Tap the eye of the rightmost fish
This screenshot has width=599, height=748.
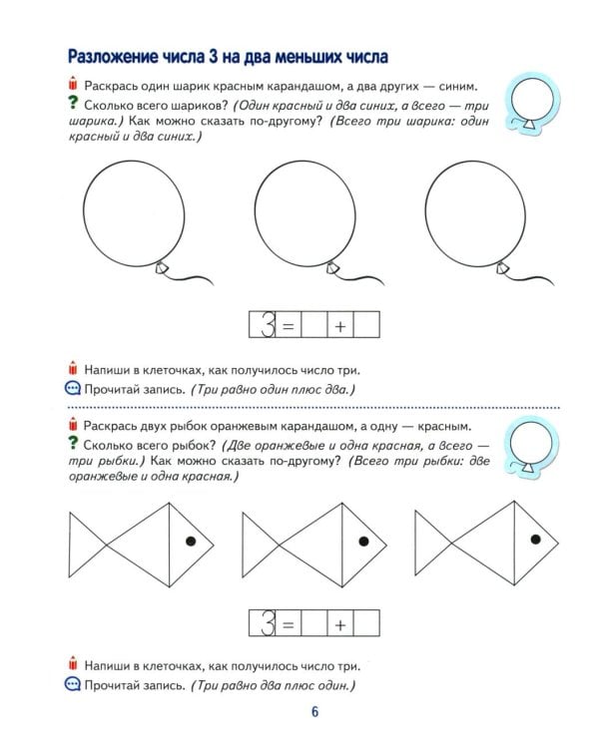pos(536,539)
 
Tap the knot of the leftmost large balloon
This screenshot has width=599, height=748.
pos(162,267)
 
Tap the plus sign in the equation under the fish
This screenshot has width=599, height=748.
pos(340,625)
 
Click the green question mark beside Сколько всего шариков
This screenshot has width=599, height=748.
pos(72,104)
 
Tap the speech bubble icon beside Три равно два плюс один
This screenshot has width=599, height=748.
pos(72,685)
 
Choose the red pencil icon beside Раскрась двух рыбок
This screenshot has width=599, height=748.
pos(73,426)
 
